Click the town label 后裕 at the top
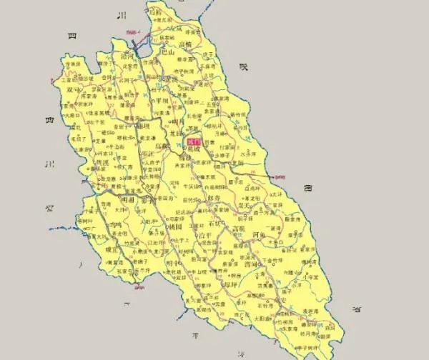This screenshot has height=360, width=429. (155, 11)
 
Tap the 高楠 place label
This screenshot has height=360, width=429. (184, 44)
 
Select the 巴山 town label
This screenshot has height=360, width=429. (167, 52)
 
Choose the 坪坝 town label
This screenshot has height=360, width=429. (162, 101)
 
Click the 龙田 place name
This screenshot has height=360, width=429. (175, 132)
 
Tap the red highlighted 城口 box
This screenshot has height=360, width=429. (192, 142)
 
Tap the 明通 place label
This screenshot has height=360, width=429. (129, 202)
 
